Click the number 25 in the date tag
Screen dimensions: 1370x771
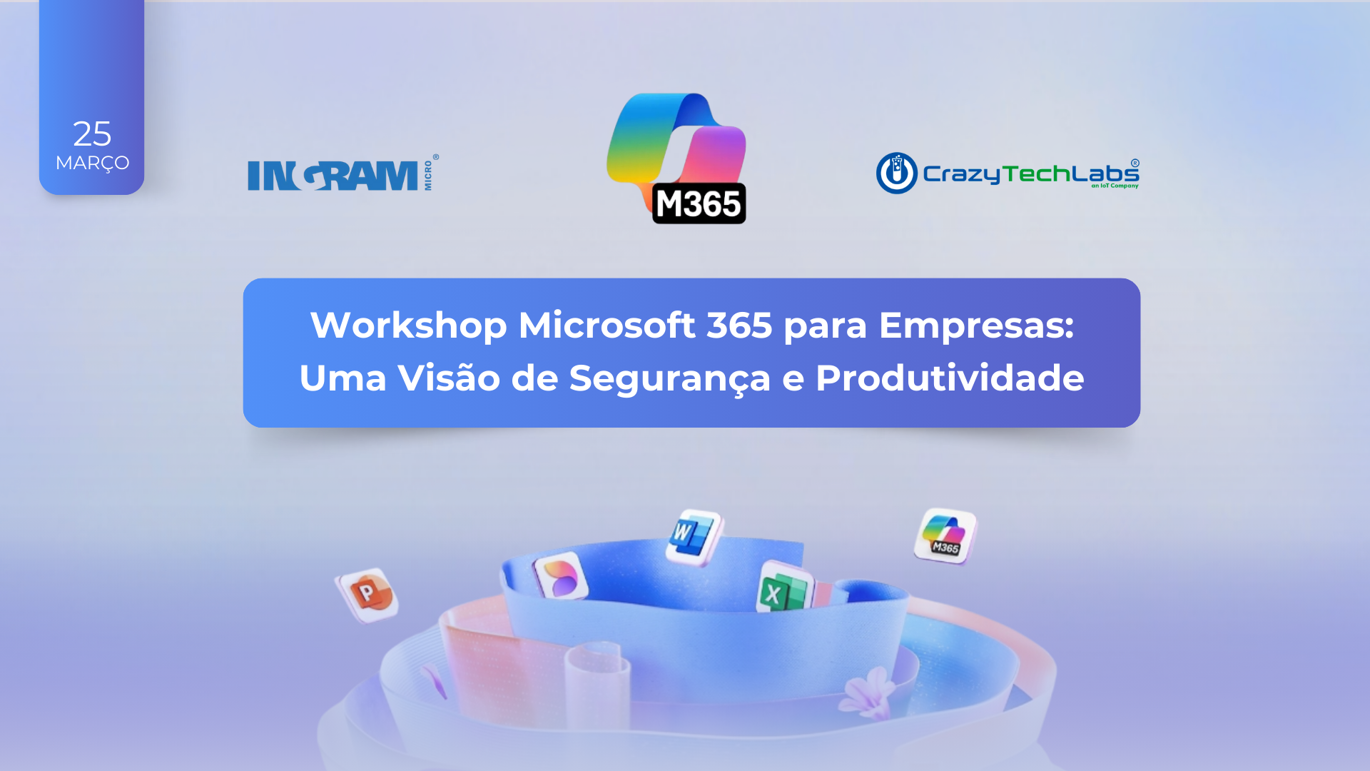tap(92, 133)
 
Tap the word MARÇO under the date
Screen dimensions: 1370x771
tap(92, 163)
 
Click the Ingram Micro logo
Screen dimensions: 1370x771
tap(343, 173)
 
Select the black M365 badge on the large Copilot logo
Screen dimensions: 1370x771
tap(699, 203)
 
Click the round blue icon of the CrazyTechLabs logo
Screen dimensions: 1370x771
tap(897, 173)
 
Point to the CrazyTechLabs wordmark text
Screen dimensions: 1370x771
tap(1030, 173)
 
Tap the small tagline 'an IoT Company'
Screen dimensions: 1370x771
tap(1115, 186)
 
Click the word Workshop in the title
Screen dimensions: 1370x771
tap(409, 326)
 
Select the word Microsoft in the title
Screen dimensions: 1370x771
tap(607, 326)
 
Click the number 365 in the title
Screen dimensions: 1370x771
tap(740, 326)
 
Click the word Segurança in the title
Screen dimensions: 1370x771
tap(670, 379)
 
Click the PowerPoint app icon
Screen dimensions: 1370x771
tap(367, 594)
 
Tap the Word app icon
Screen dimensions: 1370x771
tap(694, 537)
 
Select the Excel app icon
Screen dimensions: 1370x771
tap(785, 588)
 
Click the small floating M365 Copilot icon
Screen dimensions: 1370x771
tap(945, 536)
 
